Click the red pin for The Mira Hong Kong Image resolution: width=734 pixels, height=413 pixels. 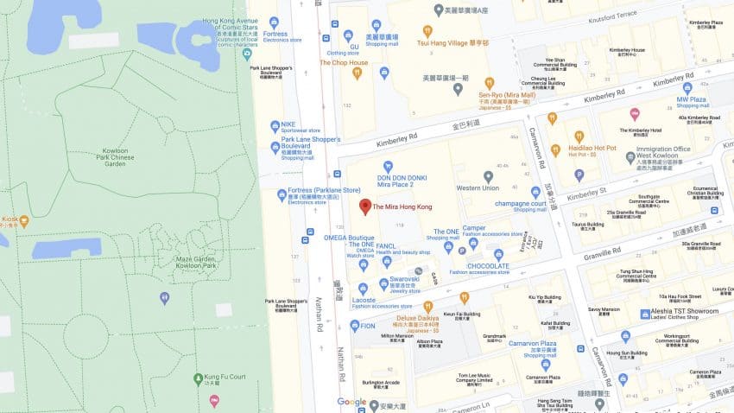click(x=365, y=206)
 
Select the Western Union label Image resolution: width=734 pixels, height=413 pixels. click(x=478, y=187)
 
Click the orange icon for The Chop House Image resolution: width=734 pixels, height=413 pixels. click(x=357, y=73)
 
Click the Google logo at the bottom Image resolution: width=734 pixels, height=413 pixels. click(x=351, y=402)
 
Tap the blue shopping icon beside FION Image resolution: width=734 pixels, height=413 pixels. click(x=355, y=326)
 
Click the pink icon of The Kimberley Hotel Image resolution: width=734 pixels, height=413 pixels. click(x=635, y=114)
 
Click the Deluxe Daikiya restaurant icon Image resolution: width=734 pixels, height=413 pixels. click(x=427, y=306)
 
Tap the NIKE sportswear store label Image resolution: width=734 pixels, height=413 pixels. click(x=288, y=124)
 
